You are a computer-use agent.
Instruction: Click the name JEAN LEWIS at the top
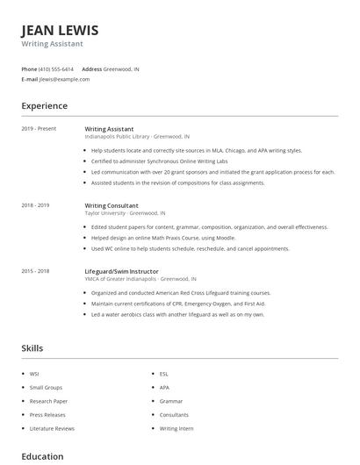click(60, 30)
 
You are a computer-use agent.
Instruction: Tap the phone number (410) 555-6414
click(57, 68)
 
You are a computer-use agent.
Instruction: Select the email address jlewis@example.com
click(64, 79)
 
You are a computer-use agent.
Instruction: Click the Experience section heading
click(45, 106)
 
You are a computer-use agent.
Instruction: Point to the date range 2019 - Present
click(39, 129)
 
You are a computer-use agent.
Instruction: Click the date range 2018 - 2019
click(35, 205)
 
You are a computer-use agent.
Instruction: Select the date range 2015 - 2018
click(35, 271)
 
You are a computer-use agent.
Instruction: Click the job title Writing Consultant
click(112, 205)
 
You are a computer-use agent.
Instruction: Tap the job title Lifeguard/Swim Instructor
click(123, 271)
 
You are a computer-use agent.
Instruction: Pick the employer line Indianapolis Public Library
click(137, 137)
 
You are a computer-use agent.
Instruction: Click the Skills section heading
click(32, 348)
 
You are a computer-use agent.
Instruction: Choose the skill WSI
click(34, 375)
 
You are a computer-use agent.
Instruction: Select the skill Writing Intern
click(176, 429)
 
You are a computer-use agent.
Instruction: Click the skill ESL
click(164, 375)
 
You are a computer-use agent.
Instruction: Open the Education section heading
click(42, 456)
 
